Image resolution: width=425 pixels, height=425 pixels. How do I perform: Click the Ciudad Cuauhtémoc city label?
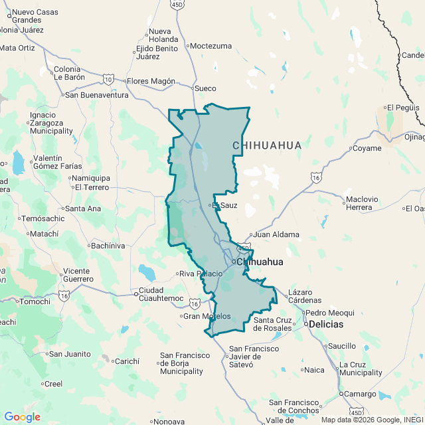click(160, 294)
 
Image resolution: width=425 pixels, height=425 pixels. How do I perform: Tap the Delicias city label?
click(325, 324)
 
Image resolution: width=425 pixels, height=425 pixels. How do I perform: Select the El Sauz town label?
click(225, 205)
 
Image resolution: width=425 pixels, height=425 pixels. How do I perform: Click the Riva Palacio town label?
click(199, 274)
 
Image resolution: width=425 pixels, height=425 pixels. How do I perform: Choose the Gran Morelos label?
click(207, 316)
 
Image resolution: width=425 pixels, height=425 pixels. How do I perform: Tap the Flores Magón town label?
click(151, 81)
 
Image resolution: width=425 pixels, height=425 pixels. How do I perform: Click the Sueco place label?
click(205, 88)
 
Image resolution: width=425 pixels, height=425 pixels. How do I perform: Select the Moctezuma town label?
click(211, 46)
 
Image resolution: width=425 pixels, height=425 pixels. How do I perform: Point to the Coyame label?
click(367, 148)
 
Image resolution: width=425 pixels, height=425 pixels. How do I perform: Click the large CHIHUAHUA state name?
click(267, 145)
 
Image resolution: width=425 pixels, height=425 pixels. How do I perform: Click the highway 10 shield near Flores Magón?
click(108, 80)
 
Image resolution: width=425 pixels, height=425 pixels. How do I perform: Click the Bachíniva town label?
click(107, 246)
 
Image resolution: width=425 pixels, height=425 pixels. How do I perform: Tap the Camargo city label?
click(359, 394)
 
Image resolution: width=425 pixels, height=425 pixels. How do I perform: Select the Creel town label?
click(52, 384)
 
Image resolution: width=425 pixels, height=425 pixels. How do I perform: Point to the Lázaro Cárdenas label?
click(301, 297)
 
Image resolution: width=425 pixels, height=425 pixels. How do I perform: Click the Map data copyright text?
click(372, 419)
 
